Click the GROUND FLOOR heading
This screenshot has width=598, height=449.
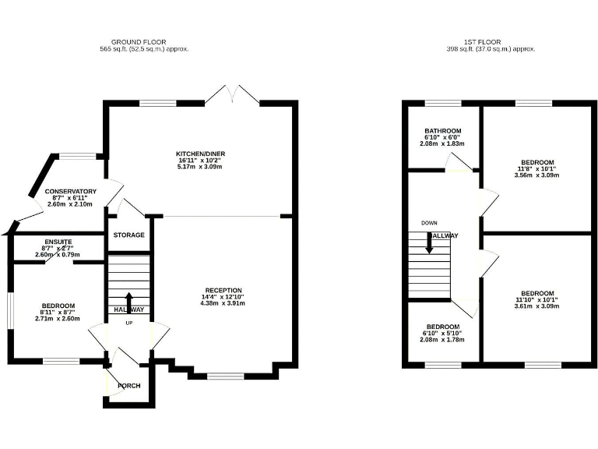[139, 41]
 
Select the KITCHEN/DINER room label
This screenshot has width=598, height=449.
[200, 154]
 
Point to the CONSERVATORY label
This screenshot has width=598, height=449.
[70, 191]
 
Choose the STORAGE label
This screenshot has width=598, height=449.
[128, 235]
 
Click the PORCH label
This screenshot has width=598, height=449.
[129, 385]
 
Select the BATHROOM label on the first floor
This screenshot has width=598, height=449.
[442, 131]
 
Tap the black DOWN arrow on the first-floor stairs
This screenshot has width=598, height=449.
[429, 242]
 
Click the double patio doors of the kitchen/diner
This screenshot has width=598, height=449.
[232, 95]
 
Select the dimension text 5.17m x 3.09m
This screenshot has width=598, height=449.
[200, 168]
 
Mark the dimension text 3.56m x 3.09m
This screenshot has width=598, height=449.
[536, 175]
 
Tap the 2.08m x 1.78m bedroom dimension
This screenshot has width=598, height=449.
[441, 340]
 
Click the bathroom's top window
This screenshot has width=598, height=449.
[443, 103]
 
